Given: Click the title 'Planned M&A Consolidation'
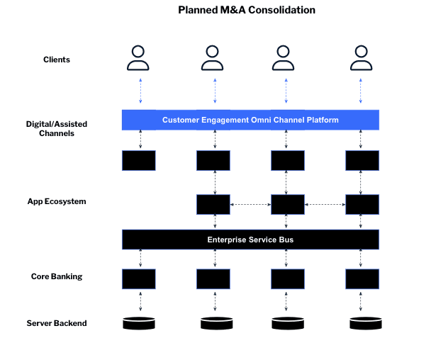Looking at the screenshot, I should tap(246, 10).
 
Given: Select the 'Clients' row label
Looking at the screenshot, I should tap(57, 60).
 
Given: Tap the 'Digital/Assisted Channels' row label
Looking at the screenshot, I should tap(57, 129).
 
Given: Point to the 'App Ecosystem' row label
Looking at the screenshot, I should tap(57, 201).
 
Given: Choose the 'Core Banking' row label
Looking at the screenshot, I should tap(57, 276).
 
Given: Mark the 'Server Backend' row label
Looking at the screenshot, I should tap(57, 323).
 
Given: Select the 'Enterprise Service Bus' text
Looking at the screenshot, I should tap(250, 240).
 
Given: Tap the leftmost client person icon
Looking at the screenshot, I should tap(138, 58).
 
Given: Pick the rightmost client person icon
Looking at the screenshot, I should tap(362, 58).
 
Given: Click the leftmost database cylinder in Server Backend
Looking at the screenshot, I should tap(139, 324).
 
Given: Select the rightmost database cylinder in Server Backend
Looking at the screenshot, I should tap(362, 324).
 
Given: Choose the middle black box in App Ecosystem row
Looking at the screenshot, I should tap(288, 205).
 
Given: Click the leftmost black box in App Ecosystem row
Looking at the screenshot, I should tap(213, 205).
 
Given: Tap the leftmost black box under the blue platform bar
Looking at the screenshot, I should tap(139, 161).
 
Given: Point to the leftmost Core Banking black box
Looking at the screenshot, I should tap(139, 279).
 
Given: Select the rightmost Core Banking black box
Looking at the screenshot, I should tap(362, 279).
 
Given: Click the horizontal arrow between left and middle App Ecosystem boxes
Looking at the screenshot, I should tap(250, 205).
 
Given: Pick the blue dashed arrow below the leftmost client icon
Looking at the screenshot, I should tap(140, 91).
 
